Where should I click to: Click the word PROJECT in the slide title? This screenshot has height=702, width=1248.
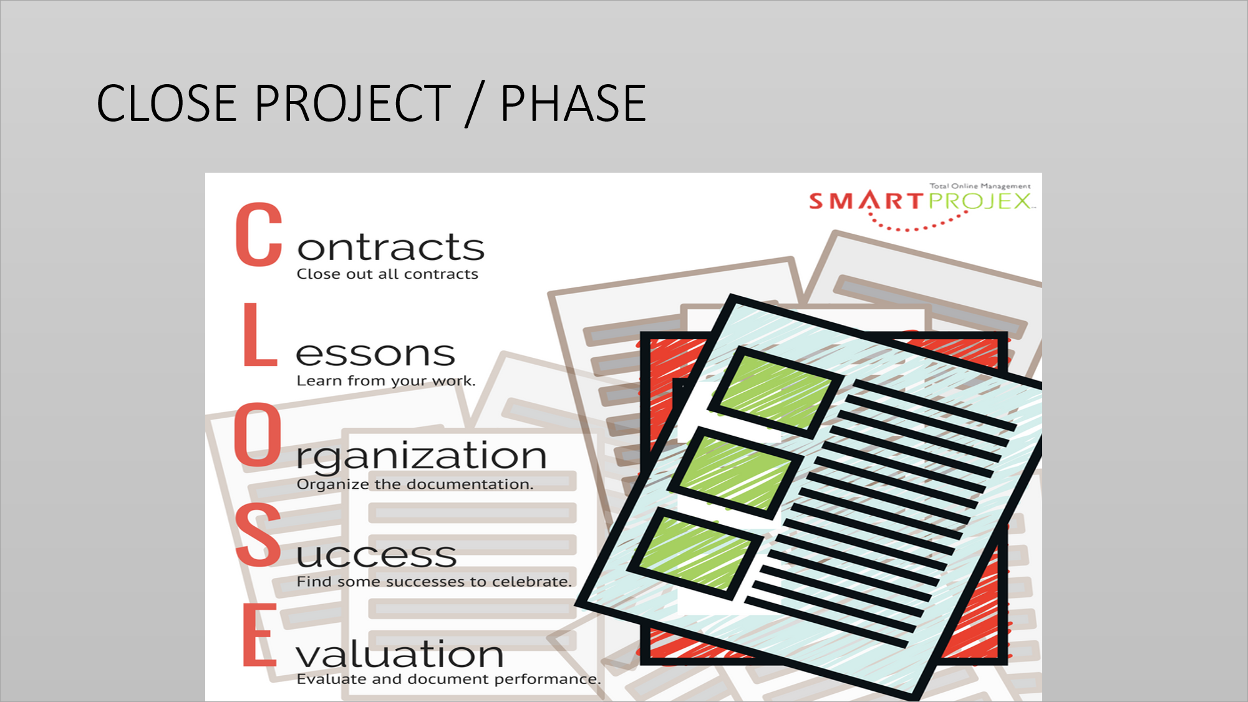point(352,103)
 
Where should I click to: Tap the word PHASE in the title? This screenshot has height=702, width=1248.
point(573,103)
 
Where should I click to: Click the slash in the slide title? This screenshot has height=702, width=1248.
point(475,104)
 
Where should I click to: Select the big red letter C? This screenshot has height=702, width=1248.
point(259,234)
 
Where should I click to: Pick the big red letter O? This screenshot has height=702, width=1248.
point(258,435)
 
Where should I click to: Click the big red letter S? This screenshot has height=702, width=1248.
point(259,535)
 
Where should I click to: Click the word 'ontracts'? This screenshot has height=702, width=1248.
point(390,248)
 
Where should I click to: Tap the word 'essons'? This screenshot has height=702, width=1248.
point(375,353)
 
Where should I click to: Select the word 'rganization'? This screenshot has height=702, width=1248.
point(422,456)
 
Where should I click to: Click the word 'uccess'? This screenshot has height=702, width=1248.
point(377,555)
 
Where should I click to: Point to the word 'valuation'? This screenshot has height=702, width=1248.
point(400,654)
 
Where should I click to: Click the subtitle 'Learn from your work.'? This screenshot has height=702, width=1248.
point(386,380)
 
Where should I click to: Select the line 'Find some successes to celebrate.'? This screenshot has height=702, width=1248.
point(434,581)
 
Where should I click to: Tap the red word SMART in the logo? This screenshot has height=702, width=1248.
point(866,201)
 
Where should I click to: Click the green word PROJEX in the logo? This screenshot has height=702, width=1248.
point(979,201)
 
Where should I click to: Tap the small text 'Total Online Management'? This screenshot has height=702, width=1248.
point(980,186)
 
